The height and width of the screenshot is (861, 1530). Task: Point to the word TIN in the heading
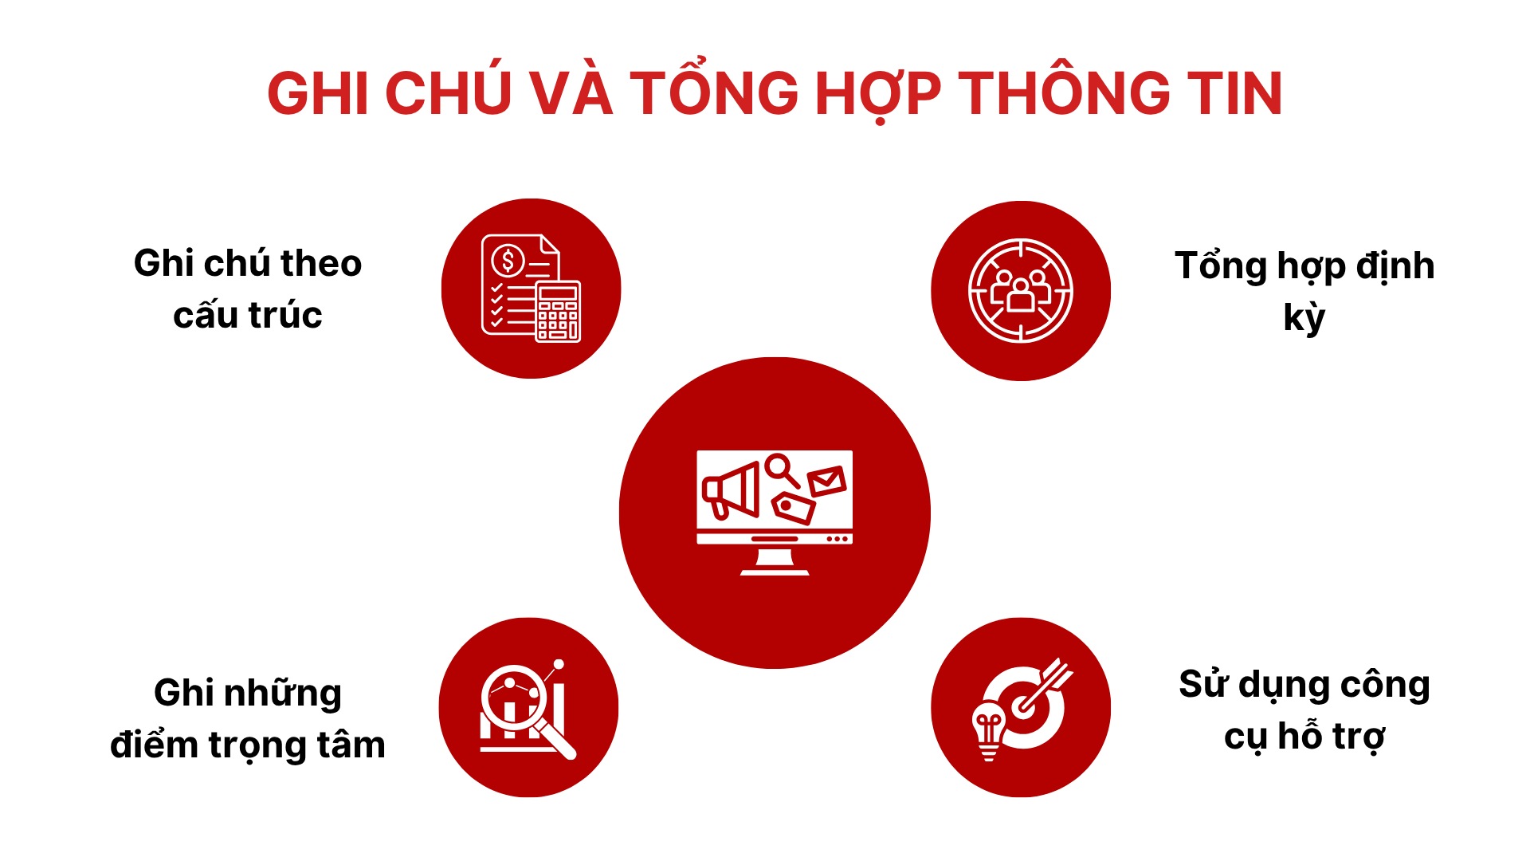[1236, 93]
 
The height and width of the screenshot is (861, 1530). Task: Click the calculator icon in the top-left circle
[558, 312]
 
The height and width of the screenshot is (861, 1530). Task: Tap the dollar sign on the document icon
[508, 260]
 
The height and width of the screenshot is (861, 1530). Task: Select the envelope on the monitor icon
[826, 481]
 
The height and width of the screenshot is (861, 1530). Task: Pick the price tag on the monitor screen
[793, 507]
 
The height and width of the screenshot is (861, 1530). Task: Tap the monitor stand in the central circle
[775, 562]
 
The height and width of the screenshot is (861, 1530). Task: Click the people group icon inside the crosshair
[1020, 292]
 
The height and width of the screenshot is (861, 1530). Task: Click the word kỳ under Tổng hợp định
[1304, 317]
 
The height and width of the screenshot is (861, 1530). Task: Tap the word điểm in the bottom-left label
[154, 745]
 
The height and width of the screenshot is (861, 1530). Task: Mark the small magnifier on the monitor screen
[782, 470]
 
